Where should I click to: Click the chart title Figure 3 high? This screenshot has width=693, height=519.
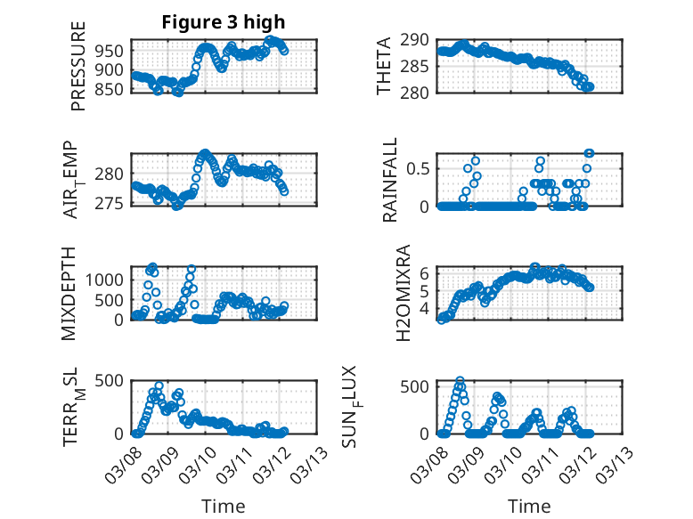point(224,22)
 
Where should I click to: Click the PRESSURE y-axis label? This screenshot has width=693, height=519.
point(78,66)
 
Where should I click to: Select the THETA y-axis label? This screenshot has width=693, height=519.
point(384,66)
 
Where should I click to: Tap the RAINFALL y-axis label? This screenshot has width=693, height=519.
point(390,179)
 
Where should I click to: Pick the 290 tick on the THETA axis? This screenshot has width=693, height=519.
point(421,40)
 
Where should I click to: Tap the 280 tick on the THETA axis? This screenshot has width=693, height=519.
point(421,93)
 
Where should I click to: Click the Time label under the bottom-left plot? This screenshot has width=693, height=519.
point(224,507)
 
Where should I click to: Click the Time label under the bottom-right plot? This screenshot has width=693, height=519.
point(530,507)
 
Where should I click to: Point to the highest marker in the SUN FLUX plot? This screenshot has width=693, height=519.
point(461,381)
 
